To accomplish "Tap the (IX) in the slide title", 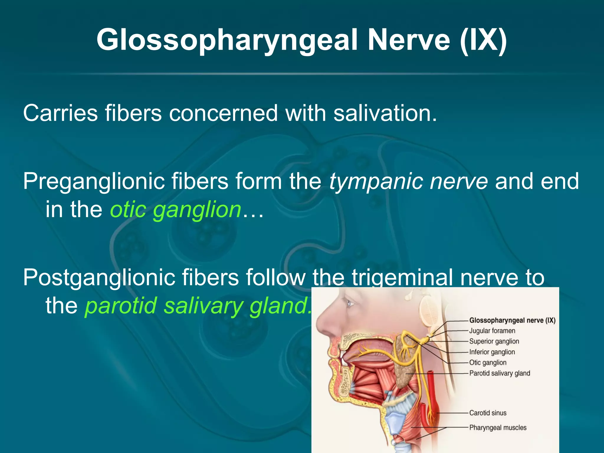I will pyautogui.click(x=483, y=40).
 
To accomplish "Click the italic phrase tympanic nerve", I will pyautogui.click(x=408, y=181).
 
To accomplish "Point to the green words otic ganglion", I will pyautogui.click(x=176, y=210).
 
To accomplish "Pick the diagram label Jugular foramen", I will pyautogui.click(x=492, y=331).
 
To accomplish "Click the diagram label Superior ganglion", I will pyautogui.click(x=494, y=342).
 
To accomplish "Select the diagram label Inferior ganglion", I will pyautogui.click(x=492, y=352).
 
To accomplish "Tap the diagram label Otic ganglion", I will pyautogui.click(x=488, y=363).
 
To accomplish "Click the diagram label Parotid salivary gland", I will pyautogui.click(x=500, y=373).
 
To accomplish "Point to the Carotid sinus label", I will pyautogui.click(x=488, y=413).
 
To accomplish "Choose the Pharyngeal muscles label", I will pyautogui.click(x=498, y=428).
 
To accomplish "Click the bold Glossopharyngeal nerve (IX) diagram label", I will pyautogui.click(x=512, y=320).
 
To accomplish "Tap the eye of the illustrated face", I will pyautogui.click(x=349, y=303).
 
